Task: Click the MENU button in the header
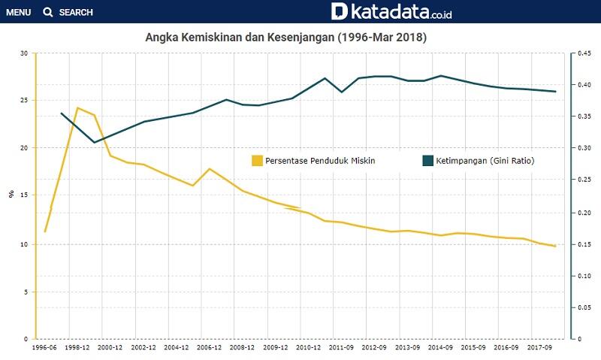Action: (x=18, y=13)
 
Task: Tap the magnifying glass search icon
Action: (x=48, y=13)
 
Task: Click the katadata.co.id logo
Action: (x=391, y=11)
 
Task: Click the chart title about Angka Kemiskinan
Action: (x=285, y=37)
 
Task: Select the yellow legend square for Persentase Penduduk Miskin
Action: (x=258, y=160)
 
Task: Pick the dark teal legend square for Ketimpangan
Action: (x=428, y=160)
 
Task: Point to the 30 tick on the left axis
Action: (x=24, y=53)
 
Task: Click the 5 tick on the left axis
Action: (x=26, y=292)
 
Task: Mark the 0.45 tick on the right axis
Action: (x=583, y=53)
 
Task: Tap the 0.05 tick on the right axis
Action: (x=583, y=307)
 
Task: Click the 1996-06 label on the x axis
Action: (x=44, y=348)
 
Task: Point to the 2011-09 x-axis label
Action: (x=341, y=348)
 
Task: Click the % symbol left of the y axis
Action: (x=11, y=194)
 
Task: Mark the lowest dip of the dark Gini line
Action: (x=94, y=142)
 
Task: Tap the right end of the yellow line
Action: (x=555, y=246)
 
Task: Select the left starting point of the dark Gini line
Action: (x=61, y=113)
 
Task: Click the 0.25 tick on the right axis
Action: (x=583, y=180)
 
